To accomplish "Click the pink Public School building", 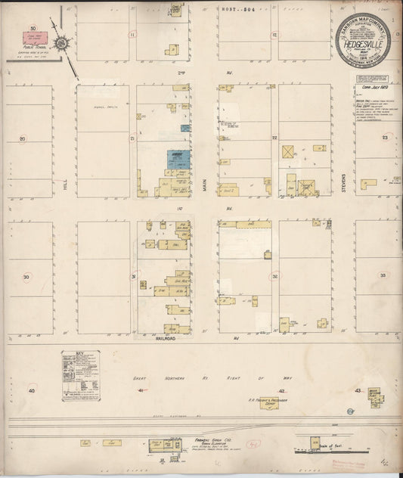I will coord(39,36).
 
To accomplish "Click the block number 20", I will coord(23,138).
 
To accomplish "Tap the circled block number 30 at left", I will coord(26,278).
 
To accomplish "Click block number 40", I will coord(32,390).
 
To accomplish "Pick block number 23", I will coord(384,138).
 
